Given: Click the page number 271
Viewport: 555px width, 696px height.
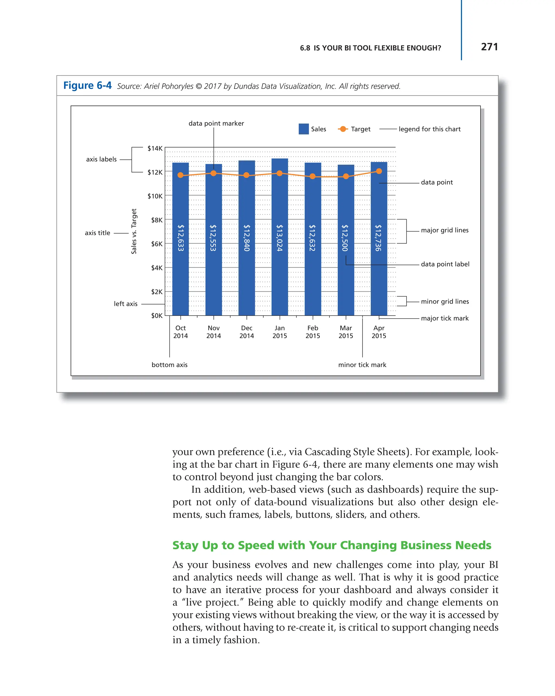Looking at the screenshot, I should (x=489, y=47).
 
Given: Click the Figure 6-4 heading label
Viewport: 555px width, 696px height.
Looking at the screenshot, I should (x=87, y=86).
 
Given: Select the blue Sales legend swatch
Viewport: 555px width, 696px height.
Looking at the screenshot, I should (x=304, y=129).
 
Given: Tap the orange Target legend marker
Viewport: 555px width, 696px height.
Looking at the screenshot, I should (x=343, y=129).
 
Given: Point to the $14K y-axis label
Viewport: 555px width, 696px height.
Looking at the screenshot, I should (x=155, y=148).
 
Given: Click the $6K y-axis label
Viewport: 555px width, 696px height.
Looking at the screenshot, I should (x=157, y=244).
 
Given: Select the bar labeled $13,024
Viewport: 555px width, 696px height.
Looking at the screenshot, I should (x=280, y=237).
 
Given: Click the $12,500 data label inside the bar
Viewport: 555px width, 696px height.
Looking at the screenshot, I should (x=345, y=238).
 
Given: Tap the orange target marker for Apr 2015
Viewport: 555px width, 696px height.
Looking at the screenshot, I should (x=379, y=171).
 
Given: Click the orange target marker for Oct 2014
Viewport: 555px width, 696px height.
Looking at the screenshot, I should (x=180, y=175).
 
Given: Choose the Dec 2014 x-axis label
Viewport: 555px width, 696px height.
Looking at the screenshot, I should (x=246, y=332).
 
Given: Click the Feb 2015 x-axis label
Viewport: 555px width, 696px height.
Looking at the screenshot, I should (x=312, y=332).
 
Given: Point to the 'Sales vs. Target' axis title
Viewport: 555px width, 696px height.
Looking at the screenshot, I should (x=134, y=231).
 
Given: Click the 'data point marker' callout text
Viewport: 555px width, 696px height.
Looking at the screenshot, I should (x=216, y=123).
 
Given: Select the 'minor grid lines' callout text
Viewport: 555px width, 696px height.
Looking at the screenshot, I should (x=445, y=301).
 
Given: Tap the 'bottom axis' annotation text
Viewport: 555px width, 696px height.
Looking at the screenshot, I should (x=169, y=364).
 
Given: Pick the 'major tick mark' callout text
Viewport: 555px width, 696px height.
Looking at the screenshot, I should (x=445, y=318).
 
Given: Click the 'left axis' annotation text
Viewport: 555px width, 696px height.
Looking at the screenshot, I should (x=125, y=303).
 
